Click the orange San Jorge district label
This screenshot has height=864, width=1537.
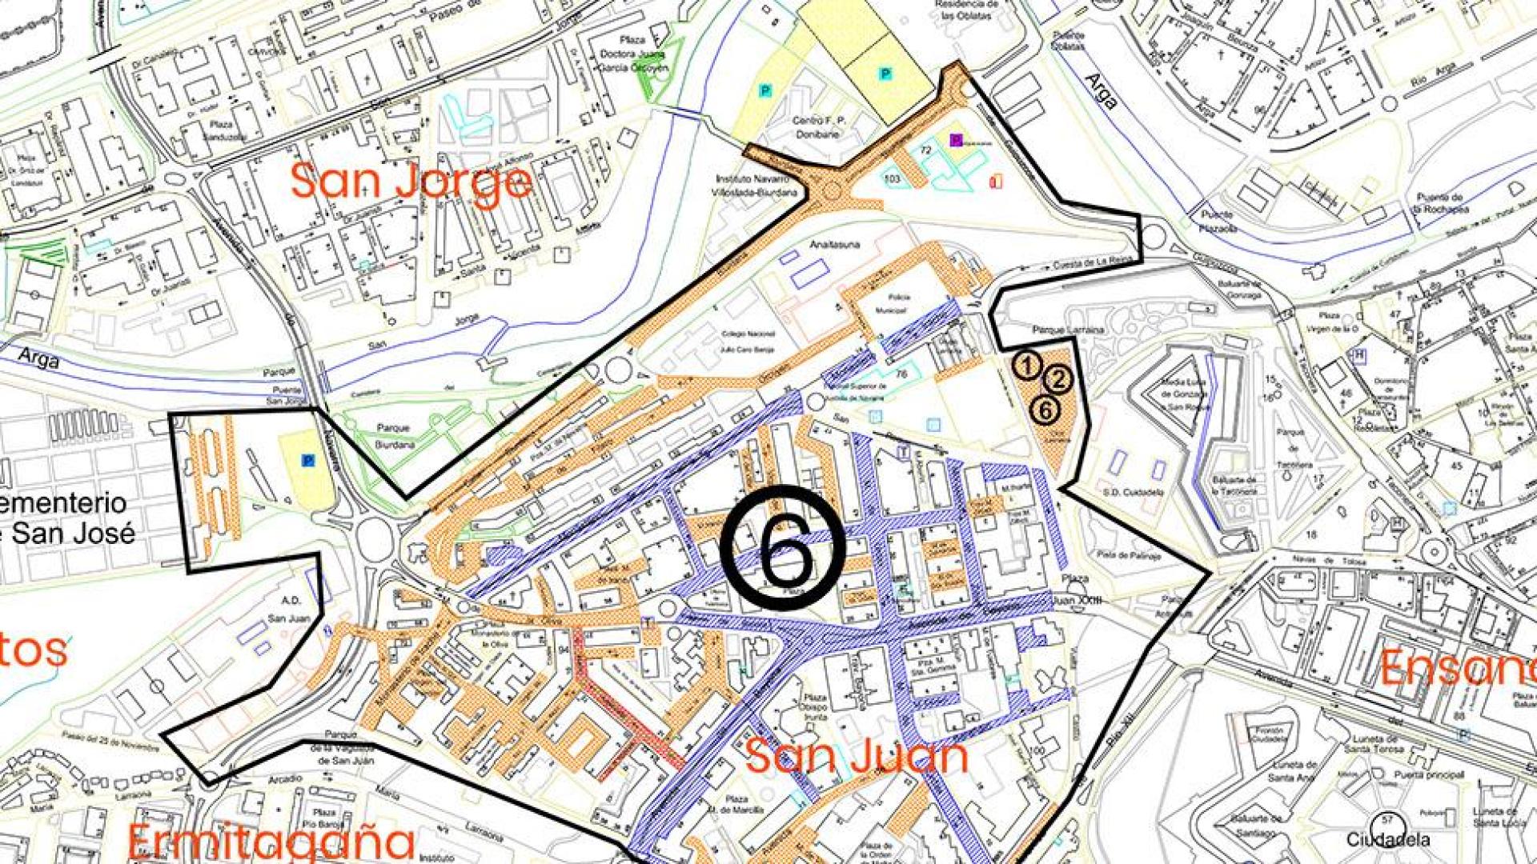[x=411, y=182]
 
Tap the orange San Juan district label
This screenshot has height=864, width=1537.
[x=856, y=757]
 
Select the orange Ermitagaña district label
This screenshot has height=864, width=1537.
[x=271, y=842]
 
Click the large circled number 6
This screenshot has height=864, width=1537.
[x=782, y=548]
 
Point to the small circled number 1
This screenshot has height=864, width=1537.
[x=1027, y=366]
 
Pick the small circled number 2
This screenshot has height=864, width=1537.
[x=1058, y=379]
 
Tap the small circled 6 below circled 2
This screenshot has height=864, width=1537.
[x=1045, y=410]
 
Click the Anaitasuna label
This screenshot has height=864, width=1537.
[x=834, y=245]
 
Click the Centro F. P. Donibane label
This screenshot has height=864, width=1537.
[x=820, y=127]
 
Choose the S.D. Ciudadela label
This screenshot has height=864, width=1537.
[x=1132, y=493]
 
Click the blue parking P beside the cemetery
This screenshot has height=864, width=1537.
[x=307, y=461]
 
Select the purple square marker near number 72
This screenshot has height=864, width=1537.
[x=955, y=139]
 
